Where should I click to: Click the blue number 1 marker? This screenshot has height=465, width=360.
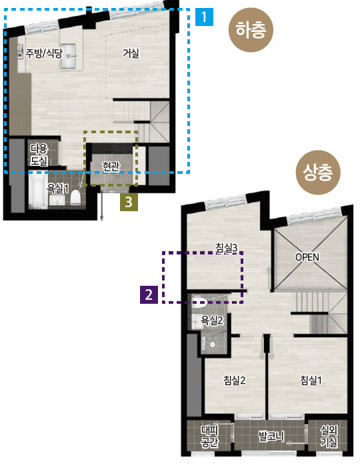click(x=204, y=17)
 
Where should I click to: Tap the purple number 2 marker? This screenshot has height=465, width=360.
click(x=149, y=294)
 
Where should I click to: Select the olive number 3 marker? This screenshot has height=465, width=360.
click(x=129, y=202)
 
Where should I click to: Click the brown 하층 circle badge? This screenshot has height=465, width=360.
click(x=251, y=30)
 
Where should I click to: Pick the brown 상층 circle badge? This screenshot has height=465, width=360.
click(x=319, y=173)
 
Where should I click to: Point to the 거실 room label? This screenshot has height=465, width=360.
click(x=131, y=53)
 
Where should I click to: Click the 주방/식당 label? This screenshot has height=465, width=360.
click(x=44, y=53)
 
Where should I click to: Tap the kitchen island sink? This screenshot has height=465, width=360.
click(x=68, y=56)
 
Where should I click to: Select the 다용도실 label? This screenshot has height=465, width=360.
click(x=39, y=155)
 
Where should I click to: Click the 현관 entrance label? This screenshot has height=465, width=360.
click(x=111, y=167)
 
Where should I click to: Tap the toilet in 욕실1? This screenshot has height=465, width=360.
click(x=76, y=197)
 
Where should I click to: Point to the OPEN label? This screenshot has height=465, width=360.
click(x=307, y=257)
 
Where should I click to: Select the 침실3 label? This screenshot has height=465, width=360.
click(x=227, y=248)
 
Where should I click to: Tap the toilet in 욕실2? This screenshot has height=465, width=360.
click(x=199, y=302)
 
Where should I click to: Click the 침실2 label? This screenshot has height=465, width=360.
click(x=235, y=380)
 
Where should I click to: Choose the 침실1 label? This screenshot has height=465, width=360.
click(x=311, y=380)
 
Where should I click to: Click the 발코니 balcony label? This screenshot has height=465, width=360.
click(x=271, y=436)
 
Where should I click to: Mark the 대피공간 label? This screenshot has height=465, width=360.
click(x=209, y=436)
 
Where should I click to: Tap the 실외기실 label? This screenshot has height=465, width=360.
click(x=329, y=436)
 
